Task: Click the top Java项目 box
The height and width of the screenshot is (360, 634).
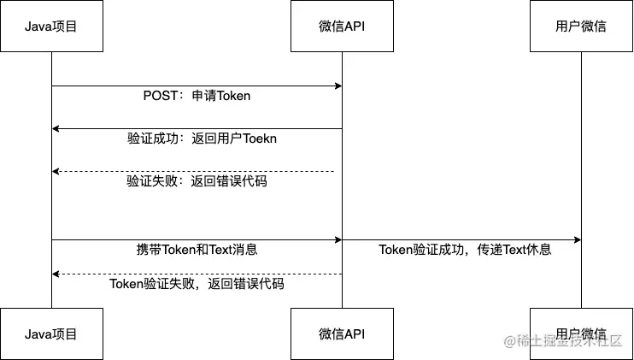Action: [51, 27]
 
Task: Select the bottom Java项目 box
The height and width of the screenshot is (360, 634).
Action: [51, 333]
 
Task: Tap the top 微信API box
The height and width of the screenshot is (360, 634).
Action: [342, 27]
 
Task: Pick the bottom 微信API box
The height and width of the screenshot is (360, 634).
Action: [342, 333]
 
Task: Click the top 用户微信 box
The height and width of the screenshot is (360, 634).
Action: [581, 27]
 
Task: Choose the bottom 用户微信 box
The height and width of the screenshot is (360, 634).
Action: [581, 333]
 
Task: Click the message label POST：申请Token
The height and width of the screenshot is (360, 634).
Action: [197, 96]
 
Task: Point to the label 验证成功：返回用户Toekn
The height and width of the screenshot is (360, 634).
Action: [202, 139]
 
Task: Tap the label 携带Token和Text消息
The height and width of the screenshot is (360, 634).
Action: [197, 250]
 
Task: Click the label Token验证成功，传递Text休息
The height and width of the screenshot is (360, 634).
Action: [465, 250]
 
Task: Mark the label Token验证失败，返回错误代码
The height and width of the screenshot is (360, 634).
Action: [197, 284]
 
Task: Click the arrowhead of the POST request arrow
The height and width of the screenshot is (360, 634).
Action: [338, 86]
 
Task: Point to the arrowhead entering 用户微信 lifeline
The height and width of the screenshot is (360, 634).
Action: [578, 240]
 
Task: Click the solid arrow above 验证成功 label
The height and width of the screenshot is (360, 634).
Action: [197, 128]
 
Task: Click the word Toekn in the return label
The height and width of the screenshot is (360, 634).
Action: [260, 139]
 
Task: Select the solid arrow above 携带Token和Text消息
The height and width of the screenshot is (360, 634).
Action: [197, 240]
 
